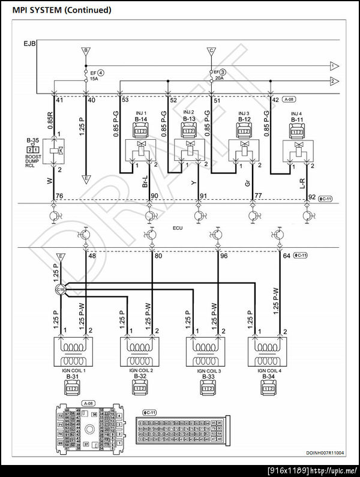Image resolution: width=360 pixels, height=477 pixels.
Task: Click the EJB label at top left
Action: coord(29,44)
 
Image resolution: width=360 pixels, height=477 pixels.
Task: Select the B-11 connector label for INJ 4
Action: coord(296,120)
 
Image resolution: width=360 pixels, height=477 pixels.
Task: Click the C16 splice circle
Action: coord(60,290)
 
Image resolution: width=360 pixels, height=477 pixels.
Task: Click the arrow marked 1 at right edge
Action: coord(334,65)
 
